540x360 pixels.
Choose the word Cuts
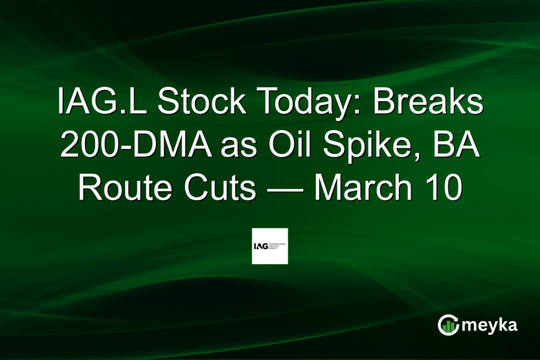(216, 188)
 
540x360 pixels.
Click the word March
(371, 188)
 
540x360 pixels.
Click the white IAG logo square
(270, 246)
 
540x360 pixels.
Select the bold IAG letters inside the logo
(262, 246)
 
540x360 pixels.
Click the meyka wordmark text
(489, 325)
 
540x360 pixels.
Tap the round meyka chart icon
(447, 324)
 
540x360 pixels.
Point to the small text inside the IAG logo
(278, 246)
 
